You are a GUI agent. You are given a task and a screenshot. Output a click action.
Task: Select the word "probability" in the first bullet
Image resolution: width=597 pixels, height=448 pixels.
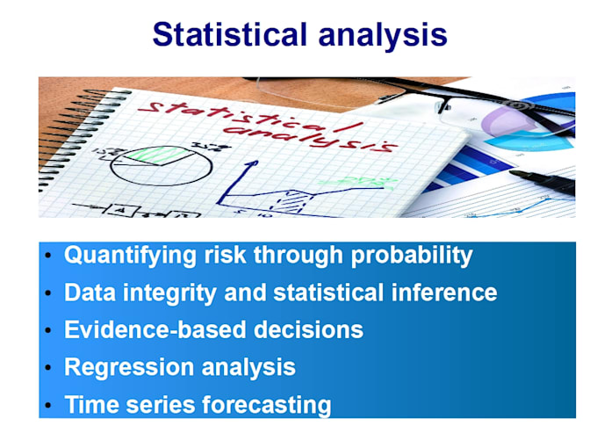[412, 256]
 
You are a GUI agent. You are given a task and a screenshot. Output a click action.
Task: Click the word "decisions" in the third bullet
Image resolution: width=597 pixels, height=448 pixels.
[307, 330]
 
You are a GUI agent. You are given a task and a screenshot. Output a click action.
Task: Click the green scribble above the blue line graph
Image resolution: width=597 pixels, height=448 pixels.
[351, 182]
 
